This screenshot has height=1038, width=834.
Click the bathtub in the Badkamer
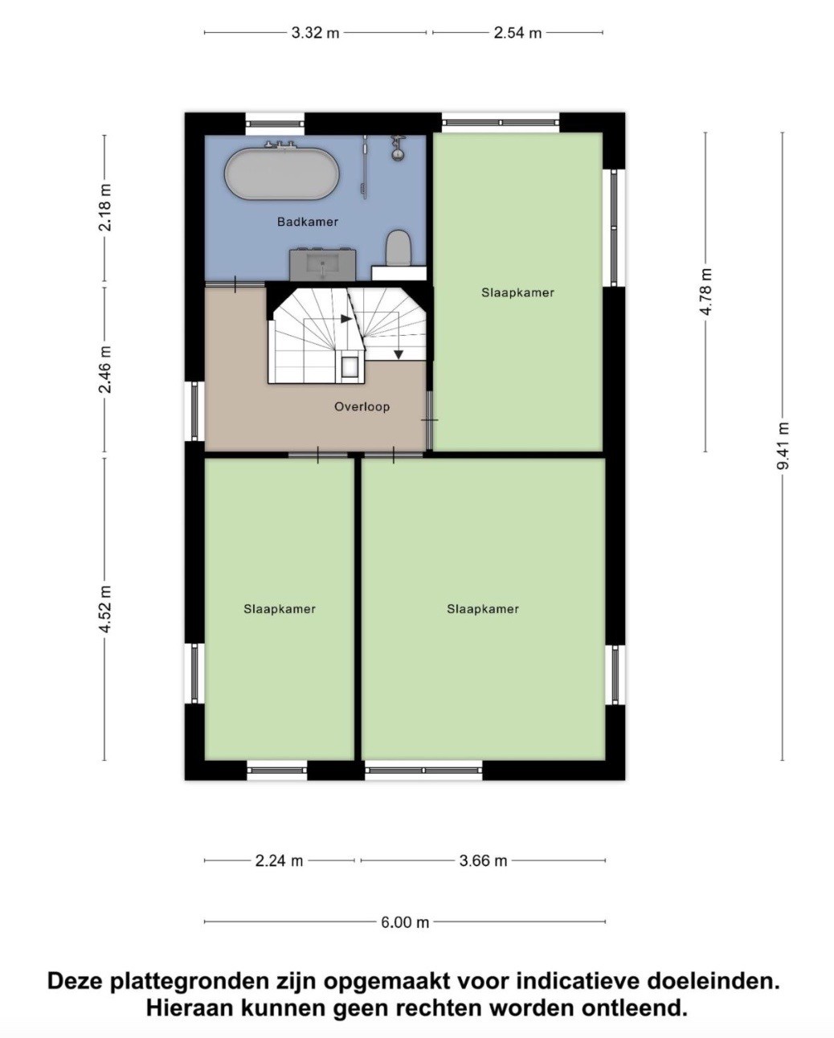click(x=282, y=174)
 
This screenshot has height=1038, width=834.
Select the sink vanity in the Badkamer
click(x=323, y=264)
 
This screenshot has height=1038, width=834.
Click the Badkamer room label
click(x=307, y=222)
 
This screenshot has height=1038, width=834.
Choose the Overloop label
click(x=362, y=407)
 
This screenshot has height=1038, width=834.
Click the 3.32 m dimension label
click(x=316, y=33)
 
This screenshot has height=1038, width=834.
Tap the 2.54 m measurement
click(x=517, y=33)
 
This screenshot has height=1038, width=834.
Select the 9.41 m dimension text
click(x=783, y=446)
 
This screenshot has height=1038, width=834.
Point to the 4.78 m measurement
click(x=705, y=292)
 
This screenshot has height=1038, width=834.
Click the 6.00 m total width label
click(x=405, y=922)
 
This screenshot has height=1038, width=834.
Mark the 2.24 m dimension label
click(x=279, y=860)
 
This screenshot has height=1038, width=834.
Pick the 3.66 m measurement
click(x=483, y=860)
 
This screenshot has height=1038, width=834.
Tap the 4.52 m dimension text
click(x=104, y=609)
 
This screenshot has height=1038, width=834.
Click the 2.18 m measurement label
click(x=104, y=207)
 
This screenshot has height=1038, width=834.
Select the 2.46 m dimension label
click(x=104, y=370)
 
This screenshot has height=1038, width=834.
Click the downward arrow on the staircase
click(x=399, y=354)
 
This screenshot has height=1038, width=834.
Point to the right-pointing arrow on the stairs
click(x=345, y=319)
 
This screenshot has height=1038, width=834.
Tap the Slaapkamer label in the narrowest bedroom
click(x=280, y=609)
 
